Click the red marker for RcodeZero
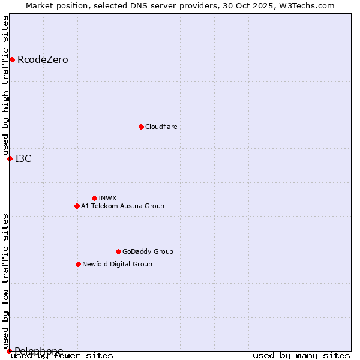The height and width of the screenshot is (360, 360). pyautogui.click(x=12, y=59)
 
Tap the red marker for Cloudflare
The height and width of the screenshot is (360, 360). pyautogui.click(x=141, y=127)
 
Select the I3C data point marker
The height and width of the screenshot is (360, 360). pyautogui.click(x=10, y=158)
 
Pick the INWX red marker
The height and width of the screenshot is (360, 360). pyautogui.click(x=94, y=198)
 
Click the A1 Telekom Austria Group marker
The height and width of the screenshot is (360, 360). pyautogui.click(x=77, y=206)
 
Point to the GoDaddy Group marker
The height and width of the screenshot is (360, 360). pyautogui.click(x=118, y=251)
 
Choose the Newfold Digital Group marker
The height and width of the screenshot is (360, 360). pyautogui.click(x=78, y=264)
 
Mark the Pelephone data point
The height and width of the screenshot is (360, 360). pyautogui.click(x=9, y=351)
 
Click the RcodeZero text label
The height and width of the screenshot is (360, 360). pyautogui.click(x=43, y=59)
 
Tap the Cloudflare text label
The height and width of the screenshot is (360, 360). pyautogui.click(x=161, y=127)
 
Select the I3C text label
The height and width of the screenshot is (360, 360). pyautogui.click(x=23, y=158)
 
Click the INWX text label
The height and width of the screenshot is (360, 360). pyautogui.click(x=107, y=198)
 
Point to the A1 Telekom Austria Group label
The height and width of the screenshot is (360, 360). pyautogui.click(x=122, y=206)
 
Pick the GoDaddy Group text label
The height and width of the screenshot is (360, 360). pyautogui.click(x=148, y=251)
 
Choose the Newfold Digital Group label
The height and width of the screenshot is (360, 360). pyautogui.click(x=117, y=264)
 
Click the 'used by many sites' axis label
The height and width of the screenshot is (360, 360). pyautogui.click(x=301, y=355)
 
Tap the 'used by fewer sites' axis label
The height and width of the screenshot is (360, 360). pyautogui.click(x=62, y=355)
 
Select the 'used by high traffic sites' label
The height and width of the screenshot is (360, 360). pyautogui.click(x=6, y=86)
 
